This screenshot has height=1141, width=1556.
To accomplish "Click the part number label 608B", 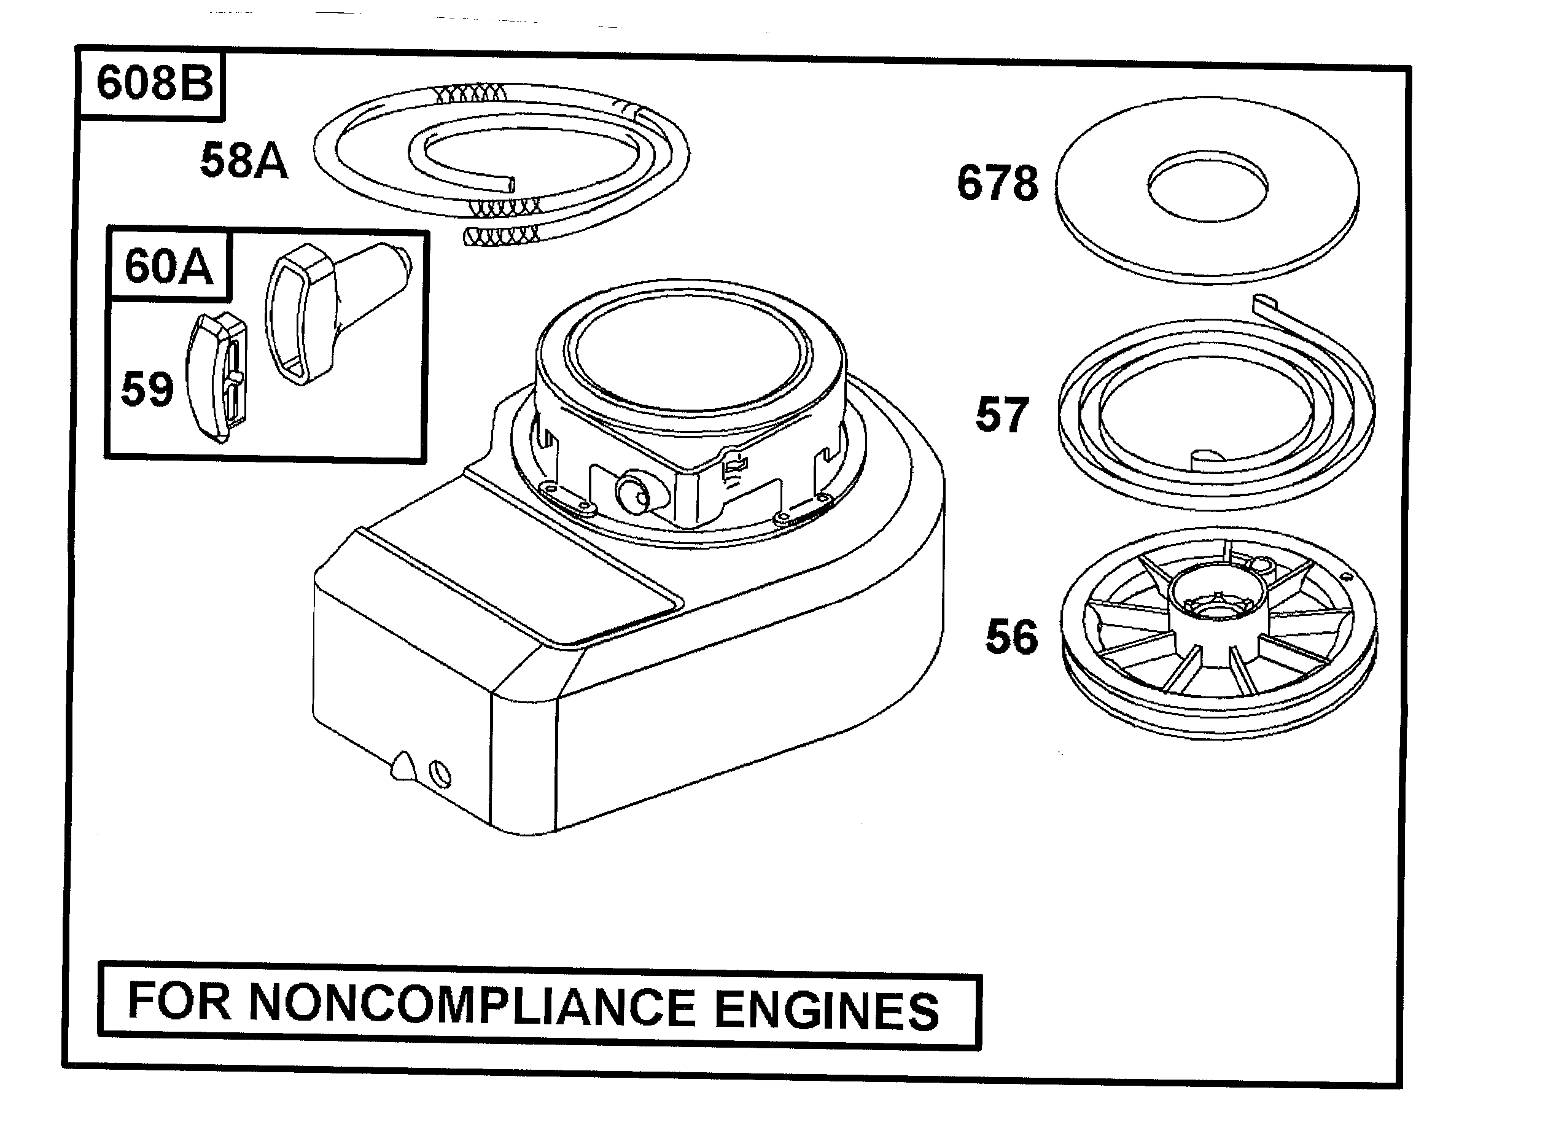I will [154, 83].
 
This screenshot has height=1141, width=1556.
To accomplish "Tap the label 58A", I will [243, 161].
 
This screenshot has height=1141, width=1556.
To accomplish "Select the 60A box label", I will [168, 267].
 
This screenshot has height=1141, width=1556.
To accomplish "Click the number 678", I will [997, 184].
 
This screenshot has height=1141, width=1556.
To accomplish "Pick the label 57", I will [1002, 415].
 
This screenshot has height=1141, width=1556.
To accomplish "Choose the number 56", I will [1011, 637].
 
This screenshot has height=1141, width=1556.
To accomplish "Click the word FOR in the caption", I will [179, 1002].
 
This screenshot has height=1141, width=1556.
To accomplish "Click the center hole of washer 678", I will [1207, 186].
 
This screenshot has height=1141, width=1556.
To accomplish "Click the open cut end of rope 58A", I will [509, 184].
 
